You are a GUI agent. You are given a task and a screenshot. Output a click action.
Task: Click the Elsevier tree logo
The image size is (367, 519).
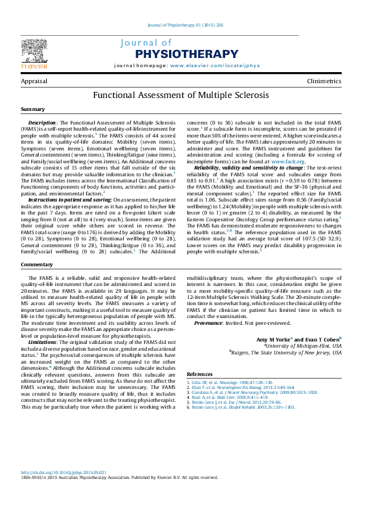point(34,52)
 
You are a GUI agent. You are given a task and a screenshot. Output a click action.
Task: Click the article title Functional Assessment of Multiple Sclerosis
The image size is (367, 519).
point(181,96)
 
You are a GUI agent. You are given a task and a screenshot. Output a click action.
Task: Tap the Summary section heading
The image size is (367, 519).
point(33,109)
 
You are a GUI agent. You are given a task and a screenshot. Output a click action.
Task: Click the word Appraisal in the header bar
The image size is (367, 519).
point(34,81)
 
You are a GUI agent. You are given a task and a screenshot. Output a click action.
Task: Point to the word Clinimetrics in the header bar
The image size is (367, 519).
point(324,81)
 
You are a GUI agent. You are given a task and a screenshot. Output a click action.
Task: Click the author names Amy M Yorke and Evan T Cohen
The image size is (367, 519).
point(299,339)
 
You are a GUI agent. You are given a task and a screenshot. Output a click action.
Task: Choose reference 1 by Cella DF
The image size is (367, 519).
point(228,383)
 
